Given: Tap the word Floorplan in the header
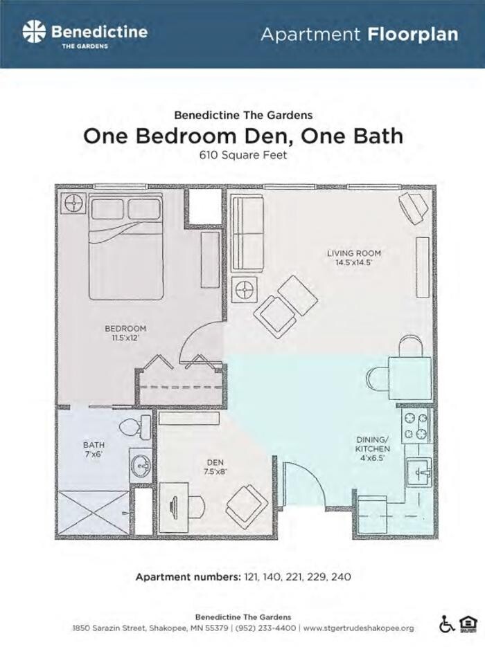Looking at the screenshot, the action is (413, 34).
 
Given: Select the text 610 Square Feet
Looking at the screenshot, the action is (243, 155).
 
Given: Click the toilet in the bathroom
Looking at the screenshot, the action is (136, 427).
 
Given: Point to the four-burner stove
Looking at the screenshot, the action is (416, 427).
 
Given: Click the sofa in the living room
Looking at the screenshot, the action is (247, 234).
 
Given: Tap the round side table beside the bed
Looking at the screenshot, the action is (73, 203).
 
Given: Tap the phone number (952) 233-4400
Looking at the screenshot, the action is (265, 628).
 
